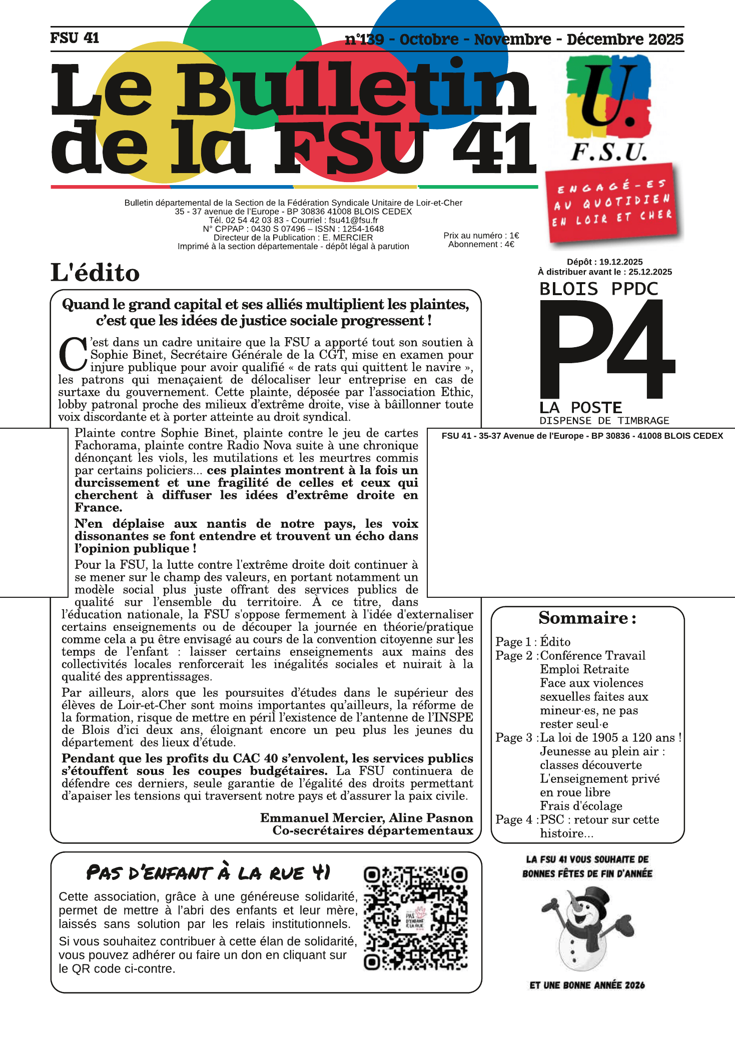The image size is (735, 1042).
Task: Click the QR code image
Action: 415,918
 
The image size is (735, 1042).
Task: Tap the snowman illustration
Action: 586,928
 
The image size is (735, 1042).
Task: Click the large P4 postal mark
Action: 607,348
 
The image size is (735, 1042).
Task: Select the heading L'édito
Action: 95,273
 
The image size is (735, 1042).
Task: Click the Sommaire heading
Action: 587,618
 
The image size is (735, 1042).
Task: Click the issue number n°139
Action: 364,39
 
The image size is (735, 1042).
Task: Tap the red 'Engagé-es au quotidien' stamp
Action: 613,203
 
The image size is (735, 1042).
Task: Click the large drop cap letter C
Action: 73,355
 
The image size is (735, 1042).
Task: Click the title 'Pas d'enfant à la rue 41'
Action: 208,873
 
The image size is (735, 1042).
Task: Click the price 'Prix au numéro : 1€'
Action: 481,236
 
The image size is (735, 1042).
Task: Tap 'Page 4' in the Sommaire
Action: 514,820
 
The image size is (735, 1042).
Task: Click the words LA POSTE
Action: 580,407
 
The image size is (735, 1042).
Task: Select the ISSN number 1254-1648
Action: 363,229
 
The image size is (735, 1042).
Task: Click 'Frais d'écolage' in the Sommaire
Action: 581,806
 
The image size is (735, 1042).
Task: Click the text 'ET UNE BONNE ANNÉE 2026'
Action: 587,985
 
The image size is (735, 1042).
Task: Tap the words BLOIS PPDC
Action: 598,289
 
